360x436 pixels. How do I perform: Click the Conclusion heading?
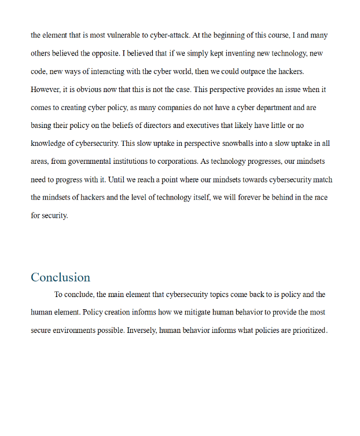pos(60,277)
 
